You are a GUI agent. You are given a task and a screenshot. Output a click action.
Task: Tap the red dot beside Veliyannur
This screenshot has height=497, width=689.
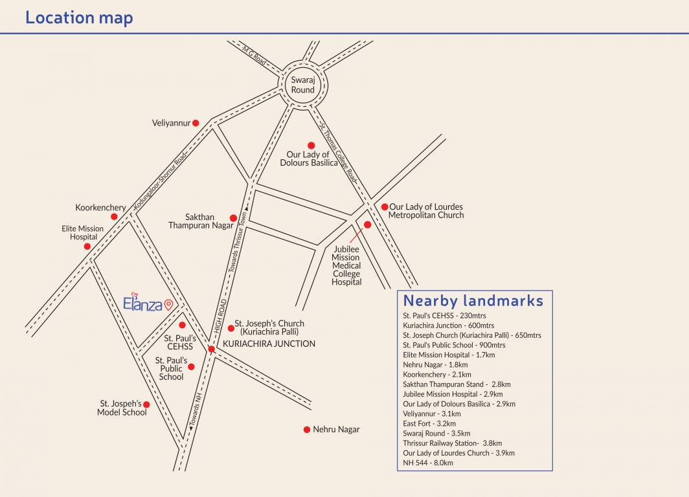[x=196, y=122]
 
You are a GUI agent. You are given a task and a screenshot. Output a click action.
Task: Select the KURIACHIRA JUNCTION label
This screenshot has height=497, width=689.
[x=269, y=344]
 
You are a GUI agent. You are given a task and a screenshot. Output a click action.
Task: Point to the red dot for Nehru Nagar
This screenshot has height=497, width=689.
[x=307, y=429]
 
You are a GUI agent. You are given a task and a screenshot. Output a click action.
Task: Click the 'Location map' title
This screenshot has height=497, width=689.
[x=79, y=17]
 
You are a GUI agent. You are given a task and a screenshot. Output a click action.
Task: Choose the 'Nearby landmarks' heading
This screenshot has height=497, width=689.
[x=473, y=300]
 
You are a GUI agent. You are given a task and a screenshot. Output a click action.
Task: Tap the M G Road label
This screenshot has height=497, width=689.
[x=255, y=55]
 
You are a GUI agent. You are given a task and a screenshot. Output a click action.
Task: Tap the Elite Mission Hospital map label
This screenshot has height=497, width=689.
[x=83, y=233]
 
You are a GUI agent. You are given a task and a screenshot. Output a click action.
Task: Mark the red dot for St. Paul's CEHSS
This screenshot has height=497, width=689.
[x=182, y=325]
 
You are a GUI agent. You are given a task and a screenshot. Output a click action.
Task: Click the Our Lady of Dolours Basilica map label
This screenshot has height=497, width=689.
[x=309, y=159]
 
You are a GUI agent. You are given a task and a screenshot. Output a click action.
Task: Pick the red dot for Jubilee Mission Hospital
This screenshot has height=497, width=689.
[x=367, y=225]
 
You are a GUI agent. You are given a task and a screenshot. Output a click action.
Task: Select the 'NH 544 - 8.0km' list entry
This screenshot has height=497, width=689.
[x=428, y=463]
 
